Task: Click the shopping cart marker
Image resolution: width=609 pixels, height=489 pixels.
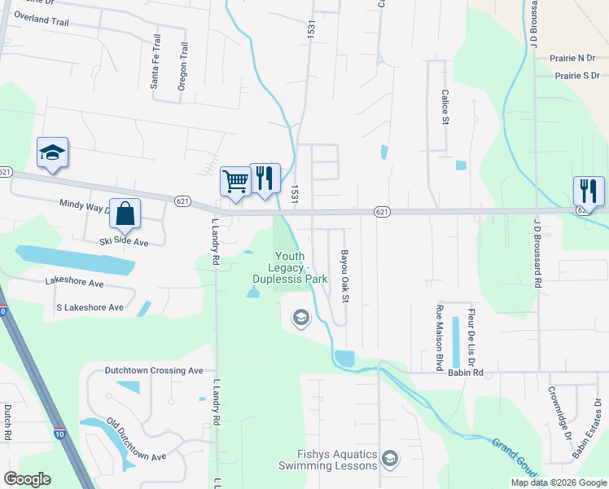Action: point(235,181)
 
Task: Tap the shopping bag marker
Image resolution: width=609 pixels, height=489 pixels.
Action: point(125,214)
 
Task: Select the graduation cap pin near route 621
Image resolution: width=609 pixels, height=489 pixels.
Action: point(52,152)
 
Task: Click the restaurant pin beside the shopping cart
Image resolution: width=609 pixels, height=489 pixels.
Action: point(265,178)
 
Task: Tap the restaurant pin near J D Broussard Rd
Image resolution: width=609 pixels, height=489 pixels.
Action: point(589,191)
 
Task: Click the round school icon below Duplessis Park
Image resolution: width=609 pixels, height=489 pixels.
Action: point(300,317)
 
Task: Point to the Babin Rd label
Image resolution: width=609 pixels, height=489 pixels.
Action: point(466,372)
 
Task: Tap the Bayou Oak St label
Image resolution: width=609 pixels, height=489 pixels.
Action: point(344,278)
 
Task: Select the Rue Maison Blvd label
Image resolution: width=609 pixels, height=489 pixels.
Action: point(440,334)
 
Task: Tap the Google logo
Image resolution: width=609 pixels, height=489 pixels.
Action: point(27,479)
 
